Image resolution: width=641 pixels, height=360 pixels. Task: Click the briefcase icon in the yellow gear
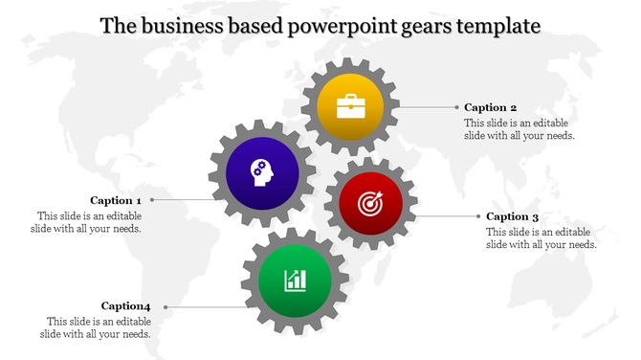[350, 104]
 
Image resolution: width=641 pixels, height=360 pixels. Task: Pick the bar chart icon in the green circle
[295, 280]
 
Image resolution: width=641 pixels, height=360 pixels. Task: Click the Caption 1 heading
[117, 200]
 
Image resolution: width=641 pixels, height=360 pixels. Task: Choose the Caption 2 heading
[491, 107]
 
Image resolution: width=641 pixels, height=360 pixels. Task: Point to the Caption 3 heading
[512, 216]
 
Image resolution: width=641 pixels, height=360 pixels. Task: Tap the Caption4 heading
[126, 305]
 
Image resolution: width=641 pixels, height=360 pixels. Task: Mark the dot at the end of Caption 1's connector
[151, 200]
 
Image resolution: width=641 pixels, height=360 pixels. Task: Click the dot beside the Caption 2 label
[454, 107]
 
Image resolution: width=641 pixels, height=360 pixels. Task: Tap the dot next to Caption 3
[475, 216]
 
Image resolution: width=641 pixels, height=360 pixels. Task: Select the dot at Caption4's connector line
[166, 306]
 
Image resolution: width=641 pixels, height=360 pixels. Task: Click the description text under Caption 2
[519, 129]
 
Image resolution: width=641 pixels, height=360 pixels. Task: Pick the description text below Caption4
[99, 327]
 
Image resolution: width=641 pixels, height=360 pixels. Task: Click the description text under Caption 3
[542, 238]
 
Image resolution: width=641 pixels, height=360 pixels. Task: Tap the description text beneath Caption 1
[89, 222]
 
